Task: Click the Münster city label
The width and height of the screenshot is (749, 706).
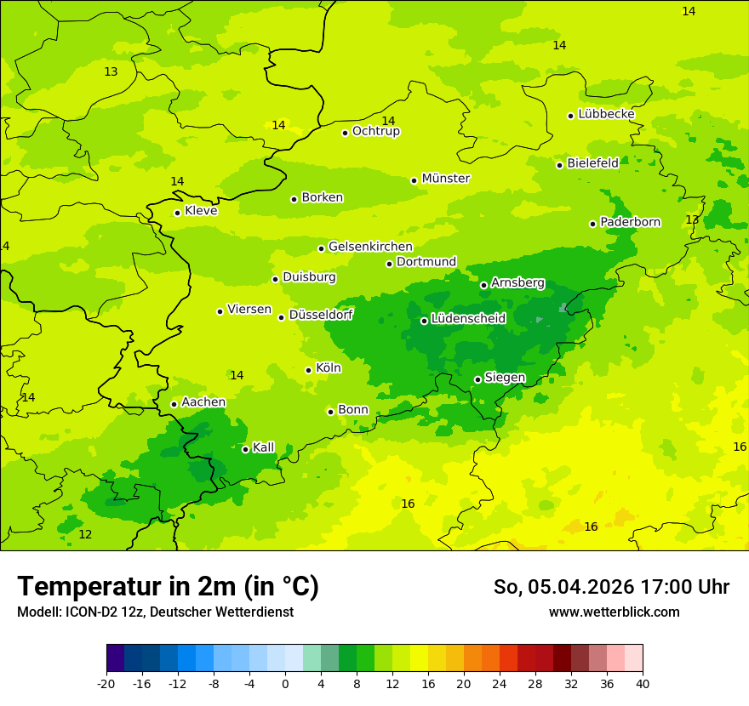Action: click(445, 179)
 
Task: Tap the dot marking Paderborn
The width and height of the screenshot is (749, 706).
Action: click(592, 224)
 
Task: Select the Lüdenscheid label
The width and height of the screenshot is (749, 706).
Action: click(468, 319)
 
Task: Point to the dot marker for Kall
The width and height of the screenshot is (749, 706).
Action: click(245, 449)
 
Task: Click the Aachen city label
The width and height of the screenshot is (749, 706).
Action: click(203, 402)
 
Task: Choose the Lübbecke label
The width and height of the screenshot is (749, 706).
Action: click(606, 114)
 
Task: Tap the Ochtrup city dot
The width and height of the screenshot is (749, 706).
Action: click(345, 133)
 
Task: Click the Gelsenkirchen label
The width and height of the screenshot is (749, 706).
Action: click(370, 247)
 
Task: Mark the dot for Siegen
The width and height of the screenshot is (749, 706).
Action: click(477, 379)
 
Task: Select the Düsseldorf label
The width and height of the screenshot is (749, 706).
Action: click(321, 315)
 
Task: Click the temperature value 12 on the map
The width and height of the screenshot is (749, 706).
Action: click(85, 534)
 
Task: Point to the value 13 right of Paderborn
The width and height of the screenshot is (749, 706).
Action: click(692, 219)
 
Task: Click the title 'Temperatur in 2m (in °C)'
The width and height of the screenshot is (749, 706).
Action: click(168, 587)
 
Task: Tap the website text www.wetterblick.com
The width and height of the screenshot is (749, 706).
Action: click(614, 612)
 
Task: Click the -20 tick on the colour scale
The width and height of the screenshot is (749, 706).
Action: click(106, 683)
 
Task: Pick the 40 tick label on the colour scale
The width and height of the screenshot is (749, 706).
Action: click(643, 683)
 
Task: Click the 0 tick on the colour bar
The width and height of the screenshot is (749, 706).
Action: click(285, 683)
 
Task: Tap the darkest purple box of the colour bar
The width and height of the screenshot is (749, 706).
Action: click(115, 658)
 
